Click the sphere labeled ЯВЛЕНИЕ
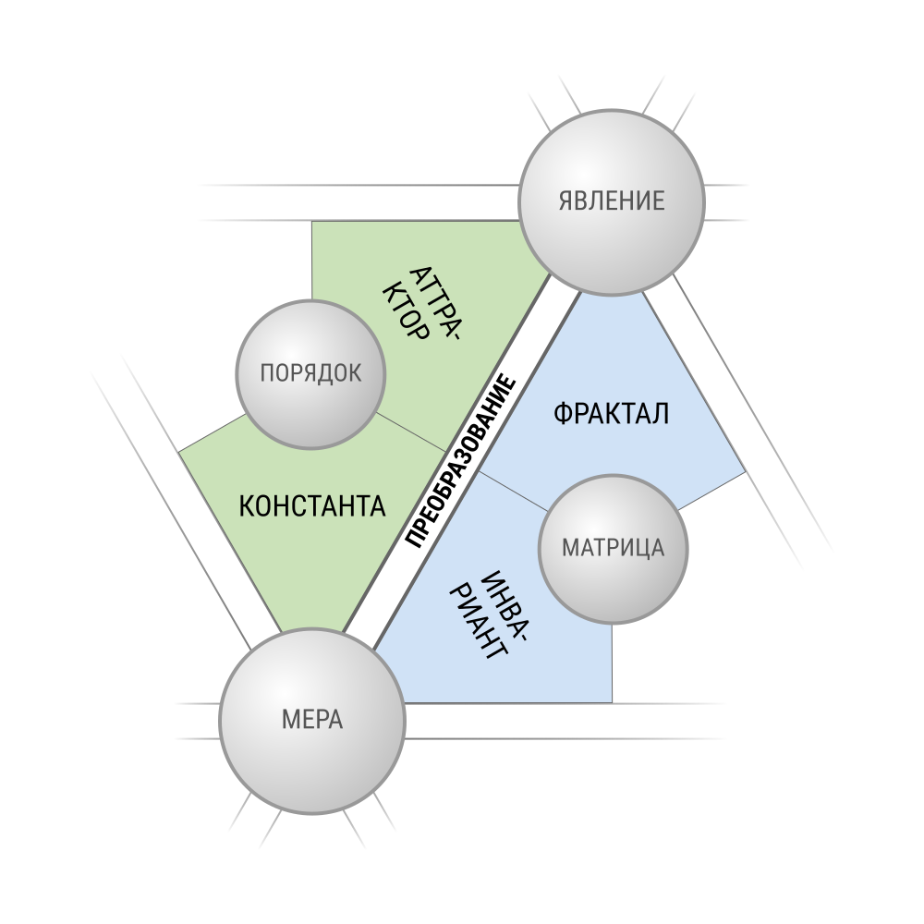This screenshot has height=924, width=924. (x=611, y=201)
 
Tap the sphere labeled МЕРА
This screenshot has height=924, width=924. (x=311, y=720)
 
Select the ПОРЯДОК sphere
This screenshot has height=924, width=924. (x=310, y=373)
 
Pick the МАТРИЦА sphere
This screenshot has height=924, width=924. (x=614, y=548)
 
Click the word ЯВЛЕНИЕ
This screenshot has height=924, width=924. (x=611, y=201)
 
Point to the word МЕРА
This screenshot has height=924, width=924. (x=311, y=720)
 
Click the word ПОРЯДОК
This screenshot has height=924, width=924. (x=310, y=373)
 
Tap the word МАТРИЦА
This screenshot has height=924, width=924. (x=613, y=548)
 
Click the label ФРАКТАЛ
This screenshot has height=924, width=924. (x=611, y=414)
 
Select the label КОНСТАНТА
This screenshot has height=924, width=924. (x=311, y=506)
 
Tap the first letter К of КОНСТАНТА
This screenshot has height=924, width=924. (x=247, y=506)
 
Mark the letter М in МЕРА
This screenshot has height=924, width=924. (x=289, y=720)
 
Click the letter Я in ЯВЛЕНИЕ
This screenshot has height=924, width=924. (x=565, y=201)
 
